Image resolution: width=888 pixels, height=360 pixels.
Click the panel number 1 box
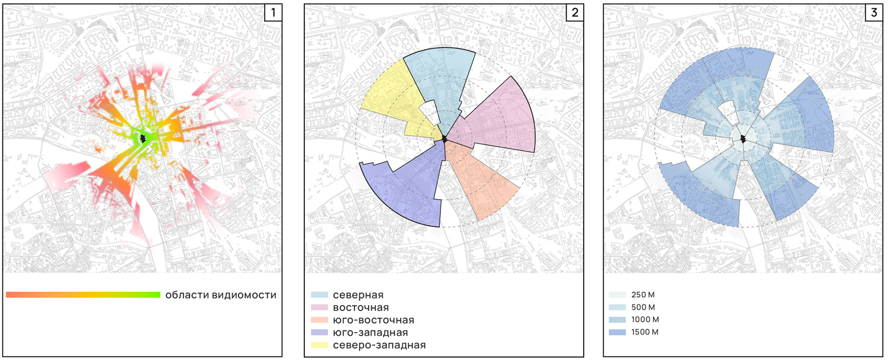tap(273, 12)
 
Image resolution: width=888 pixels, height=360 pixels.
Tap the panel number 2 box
tap(575, 12)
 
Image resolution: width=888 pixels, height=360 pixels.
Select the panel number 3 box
tap(874, 12)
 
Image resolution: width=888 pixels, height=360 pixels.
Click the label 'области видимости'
tap(221, 295)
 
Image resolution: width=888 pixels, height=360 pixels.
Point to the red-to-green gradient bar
tap(83, 295)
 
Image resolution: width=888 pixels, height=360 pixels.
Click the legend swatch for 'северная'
tap(320, 295)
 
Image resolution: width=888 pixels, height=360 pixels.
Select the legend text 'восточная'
tap(361, 308)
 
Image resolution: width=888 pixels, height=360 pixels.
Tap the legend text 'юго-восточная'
tap(374, 320)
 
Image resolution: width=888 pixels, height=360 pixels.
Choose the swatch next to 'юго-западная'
tap(320, 332)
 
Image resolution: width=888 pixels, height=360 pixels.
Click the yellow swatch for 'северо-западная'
tap(320, 345)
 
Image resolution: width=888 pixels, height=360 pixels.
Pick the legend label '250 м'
tap(643, 295)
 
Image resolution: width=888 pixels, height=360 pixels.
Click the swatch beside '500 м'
tap(617, 307)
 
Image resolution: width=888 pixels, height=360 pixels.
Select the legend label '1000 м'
tap(645, 320)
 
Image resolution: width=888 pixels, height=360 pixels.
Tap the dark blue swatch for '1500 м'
tap(617, 332)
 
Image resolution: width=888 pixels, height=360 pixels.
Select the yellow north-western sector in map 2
tap(392, 103)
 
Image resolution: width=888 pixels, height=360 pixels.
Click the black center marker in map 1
tap(143, 139)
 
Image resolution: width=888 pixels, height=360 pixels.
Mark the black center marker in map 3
tap(744, 139)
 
